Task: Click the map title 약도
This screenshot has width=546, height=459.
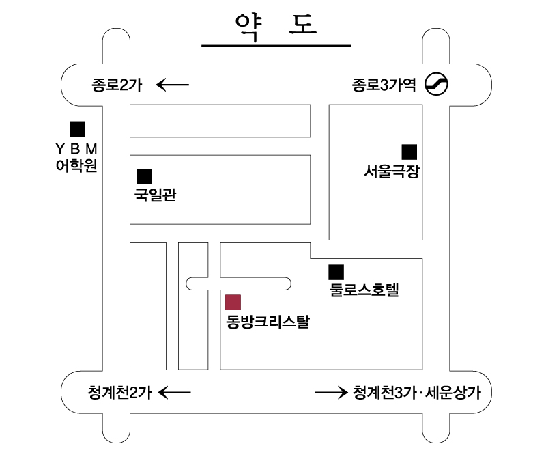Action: [x=276, y=25]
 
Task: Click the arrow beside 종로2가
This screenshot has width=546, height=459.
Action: [x=173, y=85]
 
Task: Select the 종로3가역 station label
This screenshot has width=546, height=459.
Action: [x=384, y=85]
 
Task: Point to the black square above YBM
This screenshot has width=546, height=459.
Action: [x=77, y=128]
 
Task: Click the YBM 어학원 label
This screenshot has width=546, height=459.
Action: [x=76, y=157]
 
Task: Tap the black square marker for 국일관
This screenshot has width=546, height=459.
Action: [x=144, y=176]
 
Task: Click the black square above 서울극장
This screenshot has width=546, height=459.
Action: [x=409, y=152]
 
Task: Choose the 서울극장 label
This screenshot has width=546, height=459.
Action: [x=391, y=172]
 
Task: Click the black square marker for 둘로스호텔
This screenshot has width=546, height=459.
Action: [x=336, y=271]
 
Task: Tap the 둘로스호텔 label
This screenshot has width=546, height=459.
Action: [x=363, y=290]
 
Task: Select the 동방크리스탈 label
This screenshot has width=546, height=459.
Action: [x=268, y=321]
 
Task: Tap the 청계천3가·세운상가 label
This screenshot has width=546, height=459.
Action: [x=422, y=393]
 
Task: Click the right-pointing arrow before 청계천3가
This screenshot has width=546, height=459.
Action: [x=331, y=393]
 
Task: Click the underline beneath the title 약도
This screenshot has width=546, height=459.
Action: [x=276, y=46]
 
